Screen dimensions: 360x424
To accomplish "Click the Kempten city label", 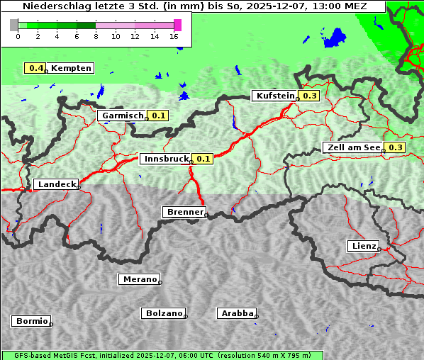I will point(71,68).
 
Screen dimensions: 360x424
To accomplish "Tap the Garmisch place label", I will point(123,116).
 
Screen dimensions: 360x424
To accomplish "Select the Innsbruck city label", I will point(166,159).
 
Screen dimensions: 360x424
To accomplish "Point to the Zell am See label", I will point(353,147).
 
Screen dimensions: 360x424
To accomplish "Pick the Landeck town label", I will point(56,184).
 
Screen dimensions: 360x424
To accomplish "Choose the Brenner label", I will point(184,212).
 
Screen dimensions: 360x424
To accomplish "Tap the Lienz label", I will point(363,246).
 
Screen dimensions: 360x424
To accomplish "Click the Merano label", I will point(139,279).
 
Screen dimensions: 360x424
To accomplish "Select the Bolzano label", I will point(164,313).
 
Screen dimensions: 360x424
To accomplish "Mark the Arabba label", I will point(237,313).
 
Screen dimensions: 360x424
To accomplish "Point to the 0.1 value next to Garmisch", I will point(158,116).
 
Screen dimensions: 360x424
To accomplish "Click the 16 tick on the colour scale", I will point(174,36).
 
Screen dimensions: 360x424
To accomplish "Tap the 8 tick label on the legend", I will point(96,36).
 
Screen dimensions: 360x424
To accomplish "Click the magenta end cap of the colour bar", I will point(177,25).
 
